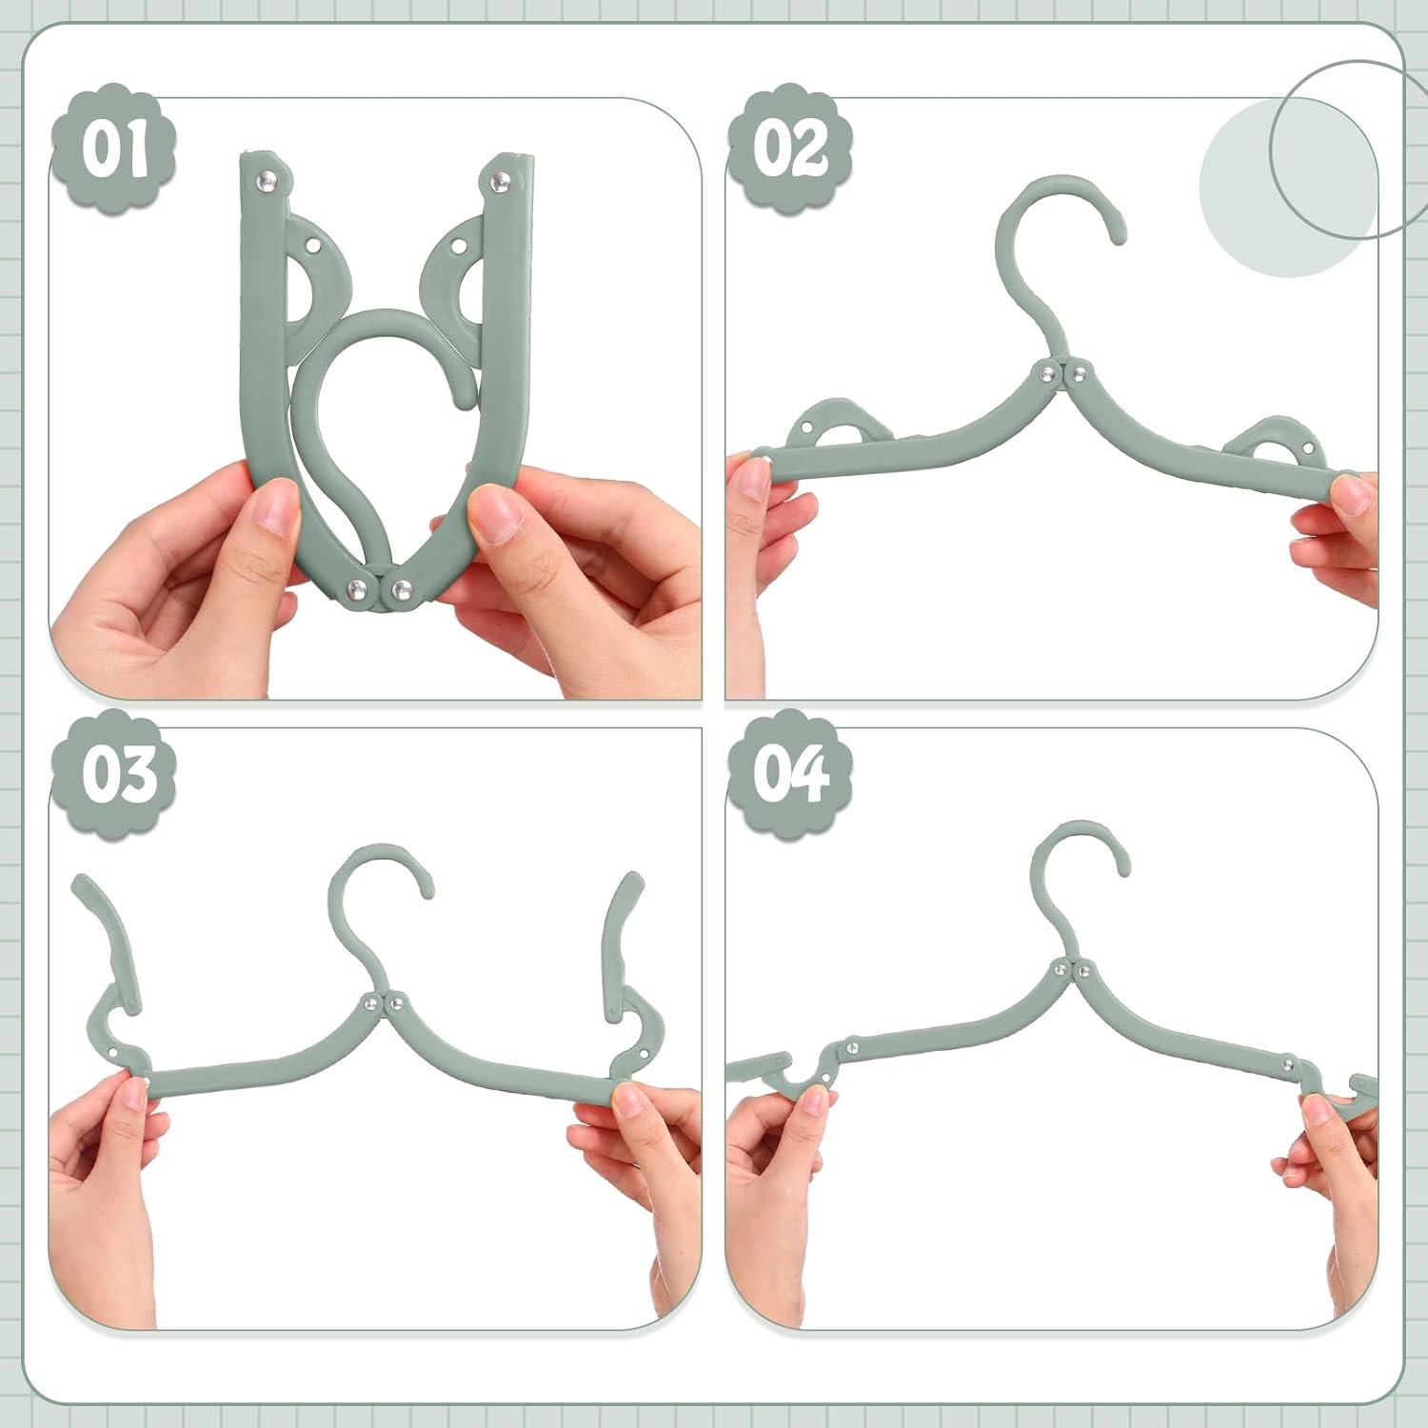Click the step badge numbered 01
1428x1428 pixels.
(113, 147)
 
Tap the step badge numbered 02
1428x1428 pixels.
(790, 147)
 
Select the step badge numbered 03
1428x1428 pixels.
(113, 773)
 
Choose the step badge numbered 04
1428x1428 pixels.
(790, 773)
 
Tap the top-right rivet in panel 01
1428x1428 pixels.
(499, 179)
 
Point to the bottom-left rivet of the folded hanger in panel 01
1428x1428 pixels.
(361, 589)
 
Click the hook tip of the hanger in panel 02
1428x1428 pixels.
(1118, 234)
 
